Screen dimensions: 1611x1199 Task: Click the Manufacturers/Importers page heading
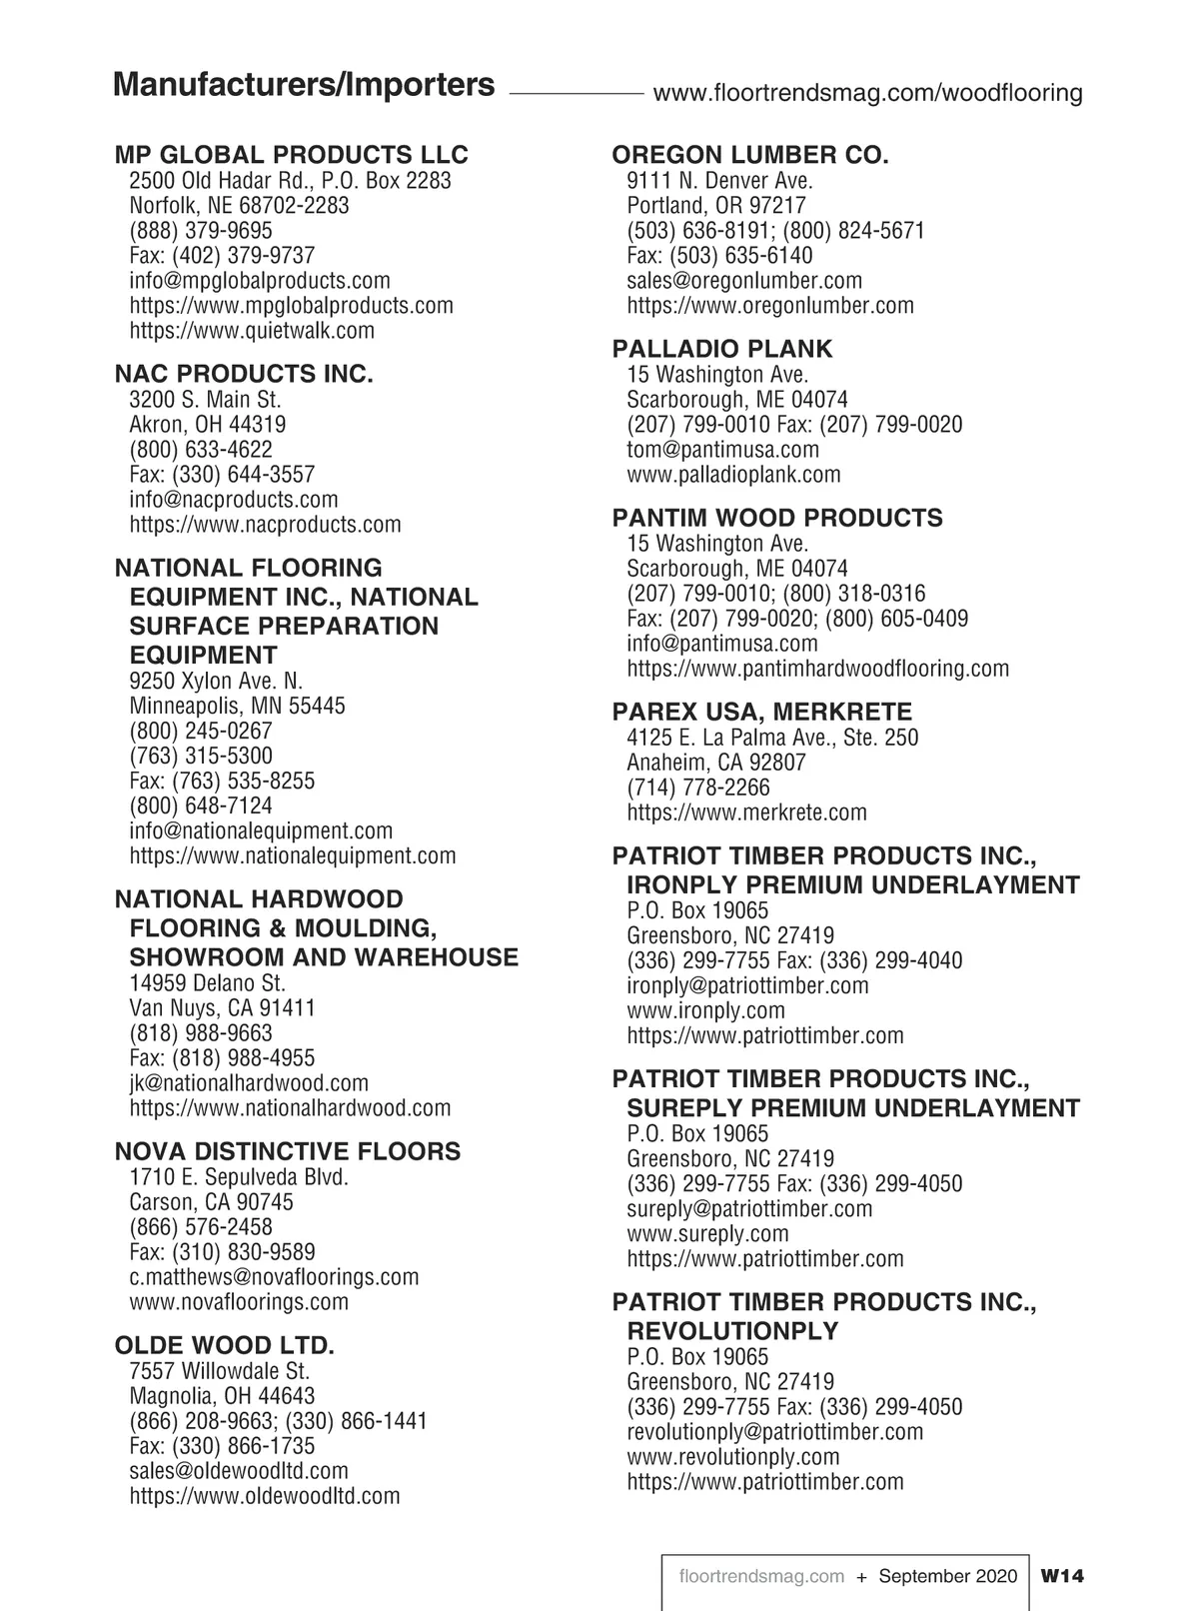(304, 85)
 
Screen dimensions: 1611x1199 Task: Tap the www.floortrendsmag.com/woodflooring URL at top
(867, 94)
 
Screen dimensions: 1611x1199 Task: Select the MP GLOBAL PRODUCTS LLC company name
(291, 155)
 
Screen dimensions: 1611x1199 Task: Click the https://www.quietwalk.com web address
(252, 331)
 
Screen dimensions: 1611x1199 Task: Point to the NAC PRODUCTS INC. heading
(244, 375)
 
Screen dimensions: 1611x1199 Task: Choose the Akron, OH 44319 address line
(208, 425)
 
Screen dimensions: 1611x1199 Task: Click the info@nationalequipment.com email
(261, 831)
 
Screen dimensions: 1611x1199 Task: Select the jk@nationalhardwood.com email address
(249, 1083)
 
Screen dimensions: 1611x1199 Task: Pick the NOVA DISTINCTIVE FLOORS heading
(288, 1152)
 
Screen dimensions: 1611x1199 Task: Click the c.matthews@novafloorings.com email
(274, 1277)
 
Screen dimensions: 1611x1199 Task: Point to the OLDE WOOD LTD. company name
(225, 1345)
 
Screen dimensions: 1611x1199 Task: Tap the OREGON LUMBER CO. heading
(749, 155)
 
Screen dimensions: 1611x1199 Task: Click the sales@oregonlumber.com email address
(744, 281)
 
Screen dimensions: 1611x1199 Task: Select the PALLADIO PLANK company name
(721, 349)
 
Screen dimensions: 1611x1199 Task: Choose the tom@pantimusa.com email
(722, 450)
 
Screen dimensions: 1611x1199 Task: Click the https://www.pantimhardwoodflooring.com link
(817, 669)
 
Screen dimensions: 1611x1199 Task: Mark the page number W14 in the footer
(1061, 1576)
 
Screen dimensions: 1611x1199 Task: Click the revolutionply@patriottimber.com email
(774, 1432)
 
